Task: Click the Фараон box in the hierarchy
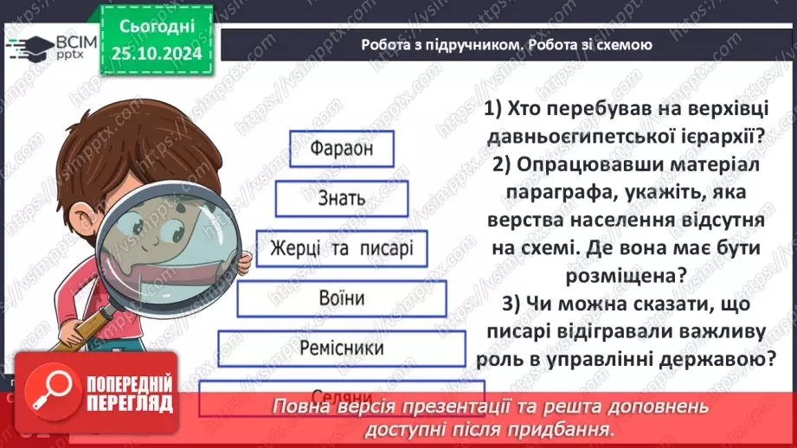[342, 149]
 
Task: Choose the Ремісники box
[342, 349]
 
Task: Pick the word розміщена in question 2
[624, 276]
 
